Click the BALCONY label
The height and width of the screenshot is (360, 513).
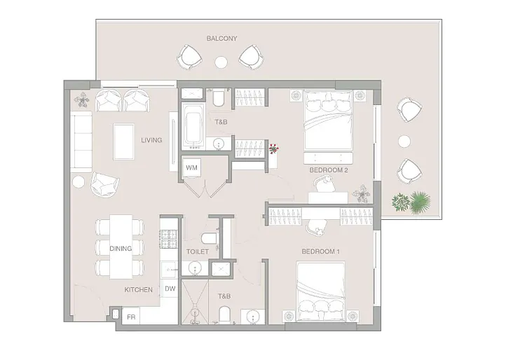221,39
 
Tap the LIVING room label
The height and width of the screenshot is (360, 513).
151,140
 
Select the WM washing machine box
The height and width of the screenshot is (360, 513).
191,167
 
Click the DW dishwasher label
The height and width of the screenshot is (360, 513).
170,289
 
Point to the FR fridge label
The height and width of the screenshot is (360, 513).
131,317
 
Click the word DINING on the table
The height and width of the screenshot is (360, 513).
121,249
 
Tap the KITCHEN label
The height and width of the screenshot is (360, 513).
138,290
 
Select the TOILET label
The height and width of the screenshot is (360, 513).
198,251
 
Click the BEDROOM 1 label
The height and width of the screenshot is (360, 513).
321,251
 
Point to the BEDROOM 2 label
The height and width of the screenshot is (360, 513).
329,170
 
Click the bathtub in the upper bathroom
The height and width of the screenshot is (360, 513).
193,126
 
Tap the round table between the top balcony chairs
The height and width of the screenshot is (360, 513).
221,62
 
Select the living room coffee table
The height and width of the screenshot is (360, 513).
123,141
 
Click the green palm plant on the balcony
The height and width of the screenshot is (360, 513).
420,202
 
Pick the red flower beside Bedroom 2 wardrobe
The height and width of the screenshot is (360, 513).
273,148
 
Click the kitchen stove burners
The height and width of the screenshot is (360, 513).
168,239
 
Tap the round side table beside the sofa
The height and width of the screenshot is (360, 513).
78,182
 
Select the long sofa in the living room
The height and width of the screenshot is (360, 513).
81,141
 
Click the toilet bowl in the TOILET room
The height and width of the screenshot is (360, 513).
209,238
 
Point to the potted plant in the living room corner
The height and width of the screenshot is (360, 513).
81,99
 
